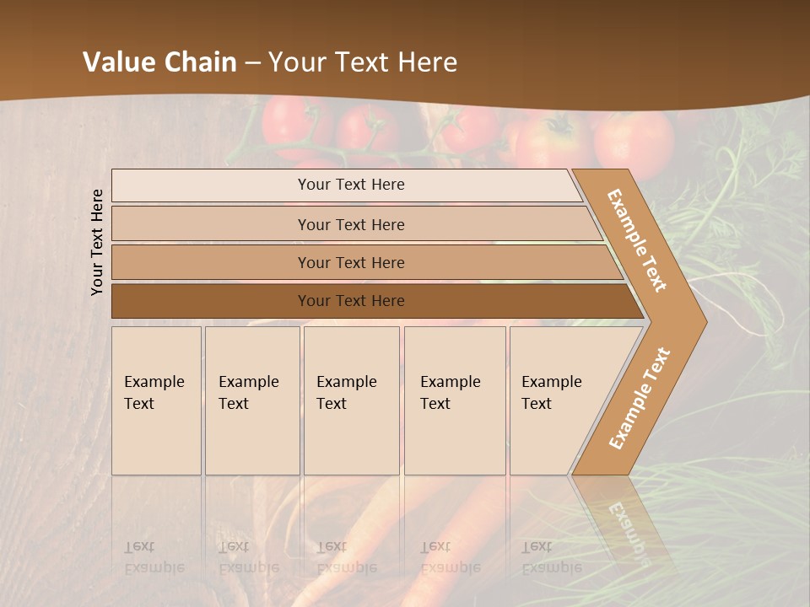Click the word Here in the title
point(427,62)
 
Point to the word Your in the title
point(296,62)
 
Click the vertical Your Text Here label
point(98,242)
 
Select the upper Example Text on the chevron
point(637,240)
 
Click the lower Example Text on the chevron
point(640,398)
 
